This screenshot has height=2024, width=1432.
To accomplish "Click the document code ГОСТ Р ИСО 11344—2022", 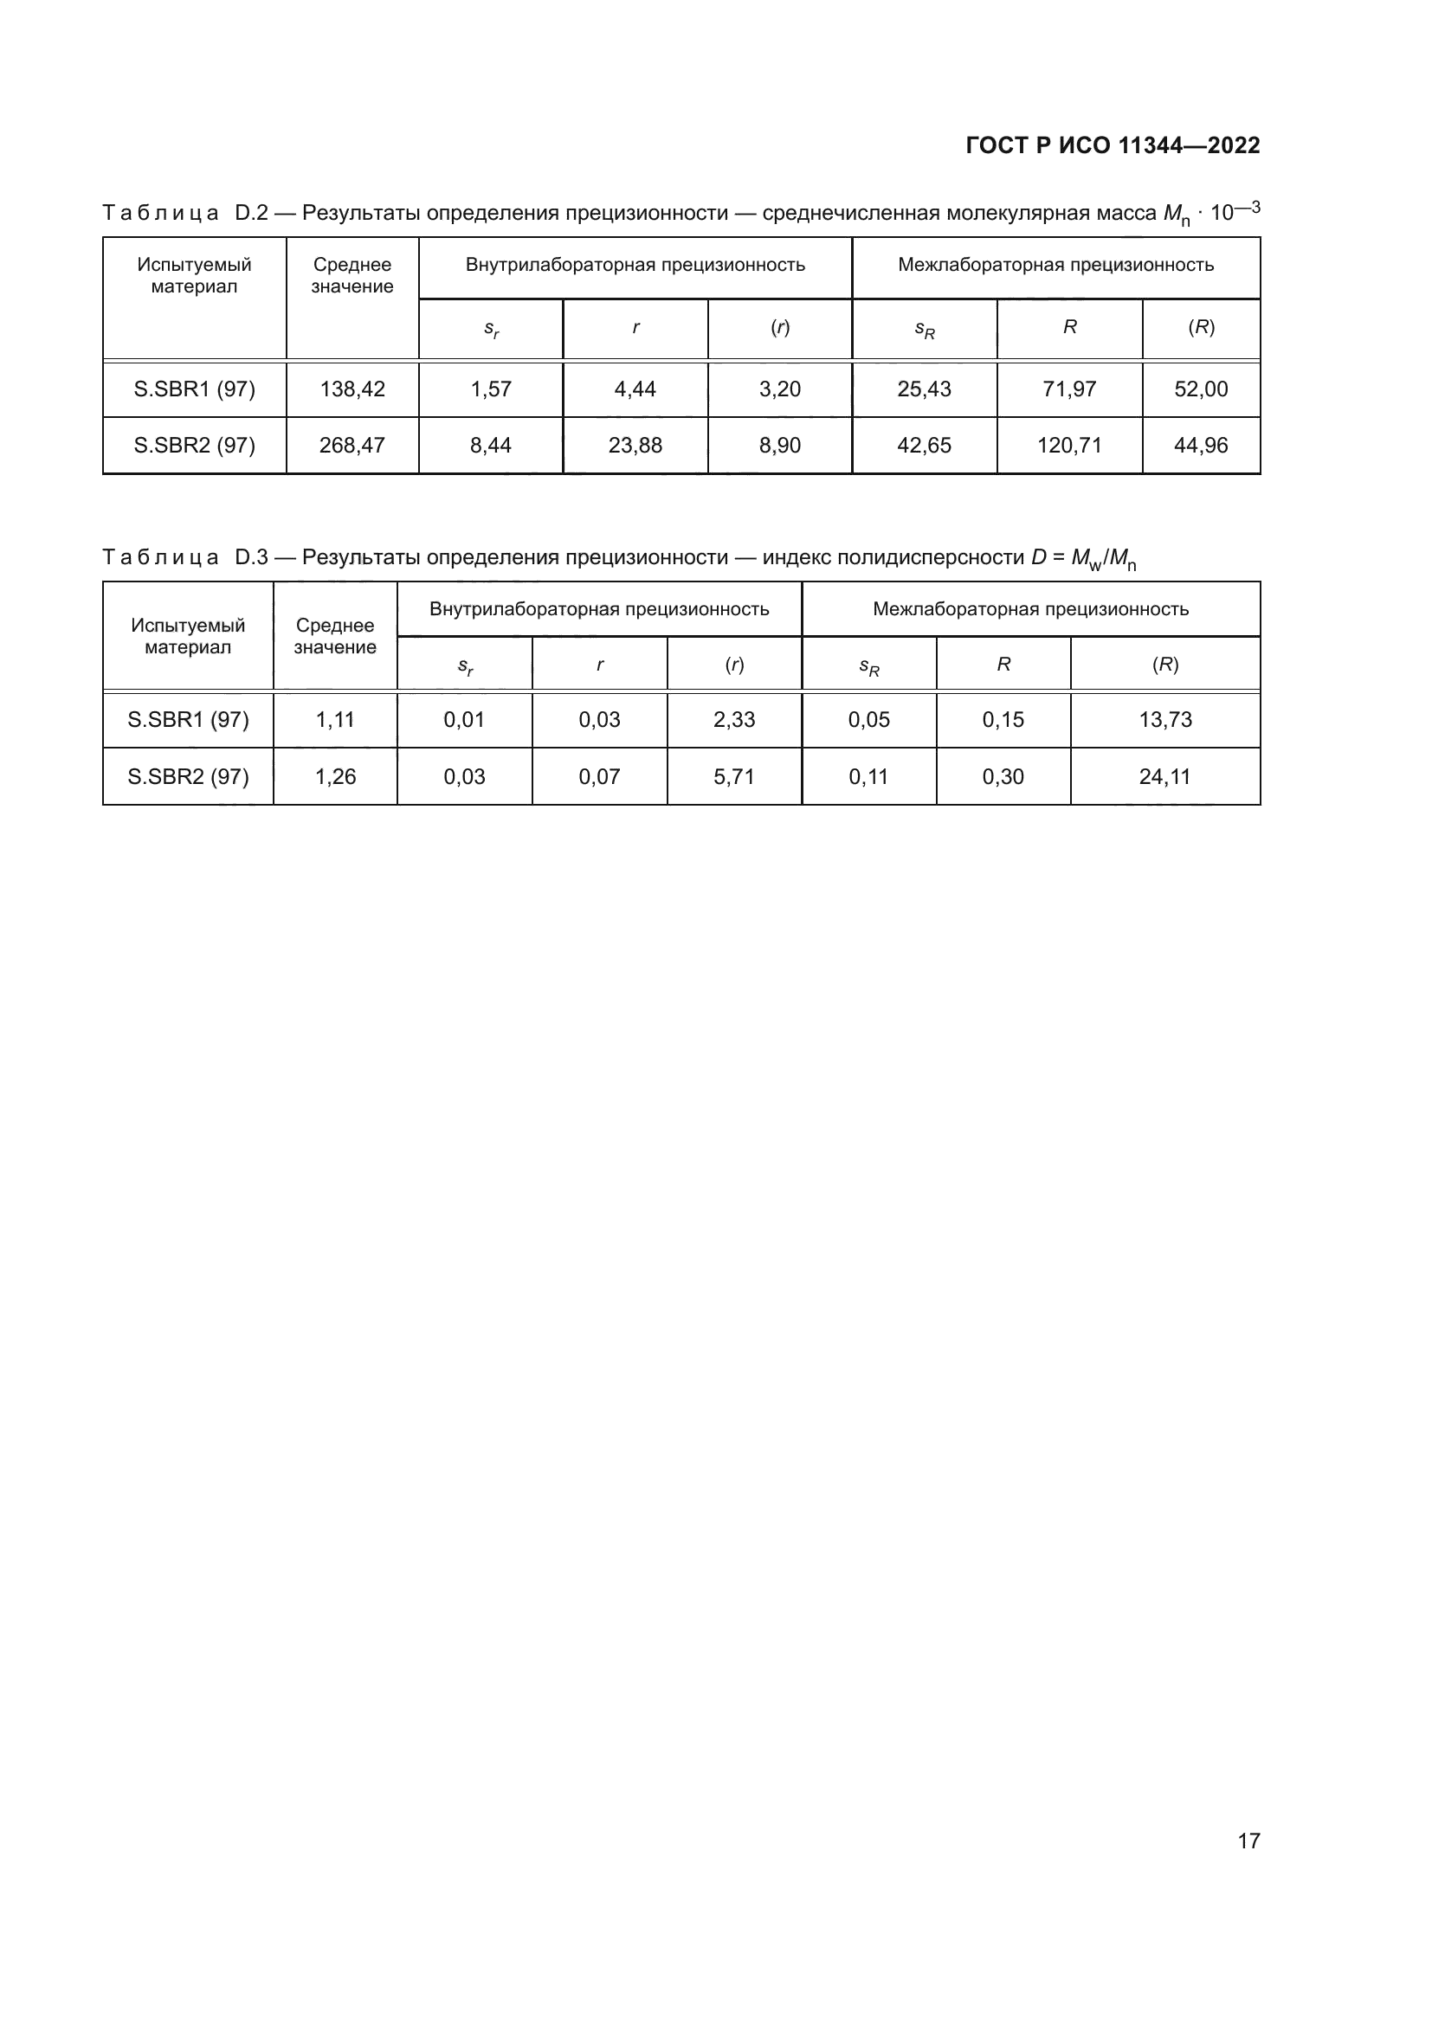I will pyautogui.click(x=1113, y=145).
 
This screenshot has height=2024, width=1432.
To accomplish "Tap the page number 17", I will pyautogui.click(x=1248, y=1841).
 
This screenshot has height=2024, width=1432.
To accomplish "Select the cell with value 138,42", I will pyautogui.click(x=352, y=389).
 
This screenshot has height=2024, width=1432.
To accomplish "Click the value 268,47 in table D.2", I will pyautogui.click(x=352, y=446).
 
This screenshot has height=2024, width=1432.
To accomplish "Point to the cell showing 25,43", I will pyautogui.click(x=924, y=389).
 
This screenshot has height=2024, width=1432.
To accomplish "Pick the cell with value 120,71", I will pyautogui.click(x=1068, y=446).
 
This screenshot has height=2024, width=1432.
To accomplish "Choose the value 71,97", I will pyautogui.click(x=1068, y=389).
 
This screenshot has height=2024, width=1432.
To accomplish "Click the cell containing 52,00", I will pyautogui.click(x=1200, y=389).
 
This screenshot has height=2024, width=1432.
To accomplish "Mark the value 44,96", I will pyautogui.click(x=1200, y=446).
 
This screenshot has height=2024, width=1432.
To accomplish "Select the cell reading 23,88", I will pyautogui.click(x=635, y=446).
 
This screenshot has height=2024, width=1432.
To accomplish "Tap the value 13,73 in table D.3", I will pyautogui.click(x=1164, y=720).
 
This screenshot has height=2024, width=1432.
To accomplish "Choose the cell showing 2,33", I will pyautogui.click(x=733, y=720).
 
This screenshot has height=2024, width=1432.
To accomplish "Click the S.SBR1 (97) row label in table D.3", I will pyautogui.click(x=188, y=720).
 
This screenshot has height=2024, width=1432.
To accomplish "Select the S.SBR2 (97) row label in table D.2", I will pyautogui.click(x=194, y=446).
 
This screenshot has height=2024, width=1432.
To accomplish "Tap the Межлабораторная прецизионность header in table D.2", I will pyautogui.click(x=1055, y=266).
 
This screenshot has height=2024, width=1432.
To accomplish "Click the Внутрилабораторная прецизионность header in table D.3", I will pyautogui.click(x=599, y=609).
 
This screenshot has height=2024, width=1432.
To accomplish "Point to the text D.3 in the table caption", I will pyautogui.click(x=251, y=557).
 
